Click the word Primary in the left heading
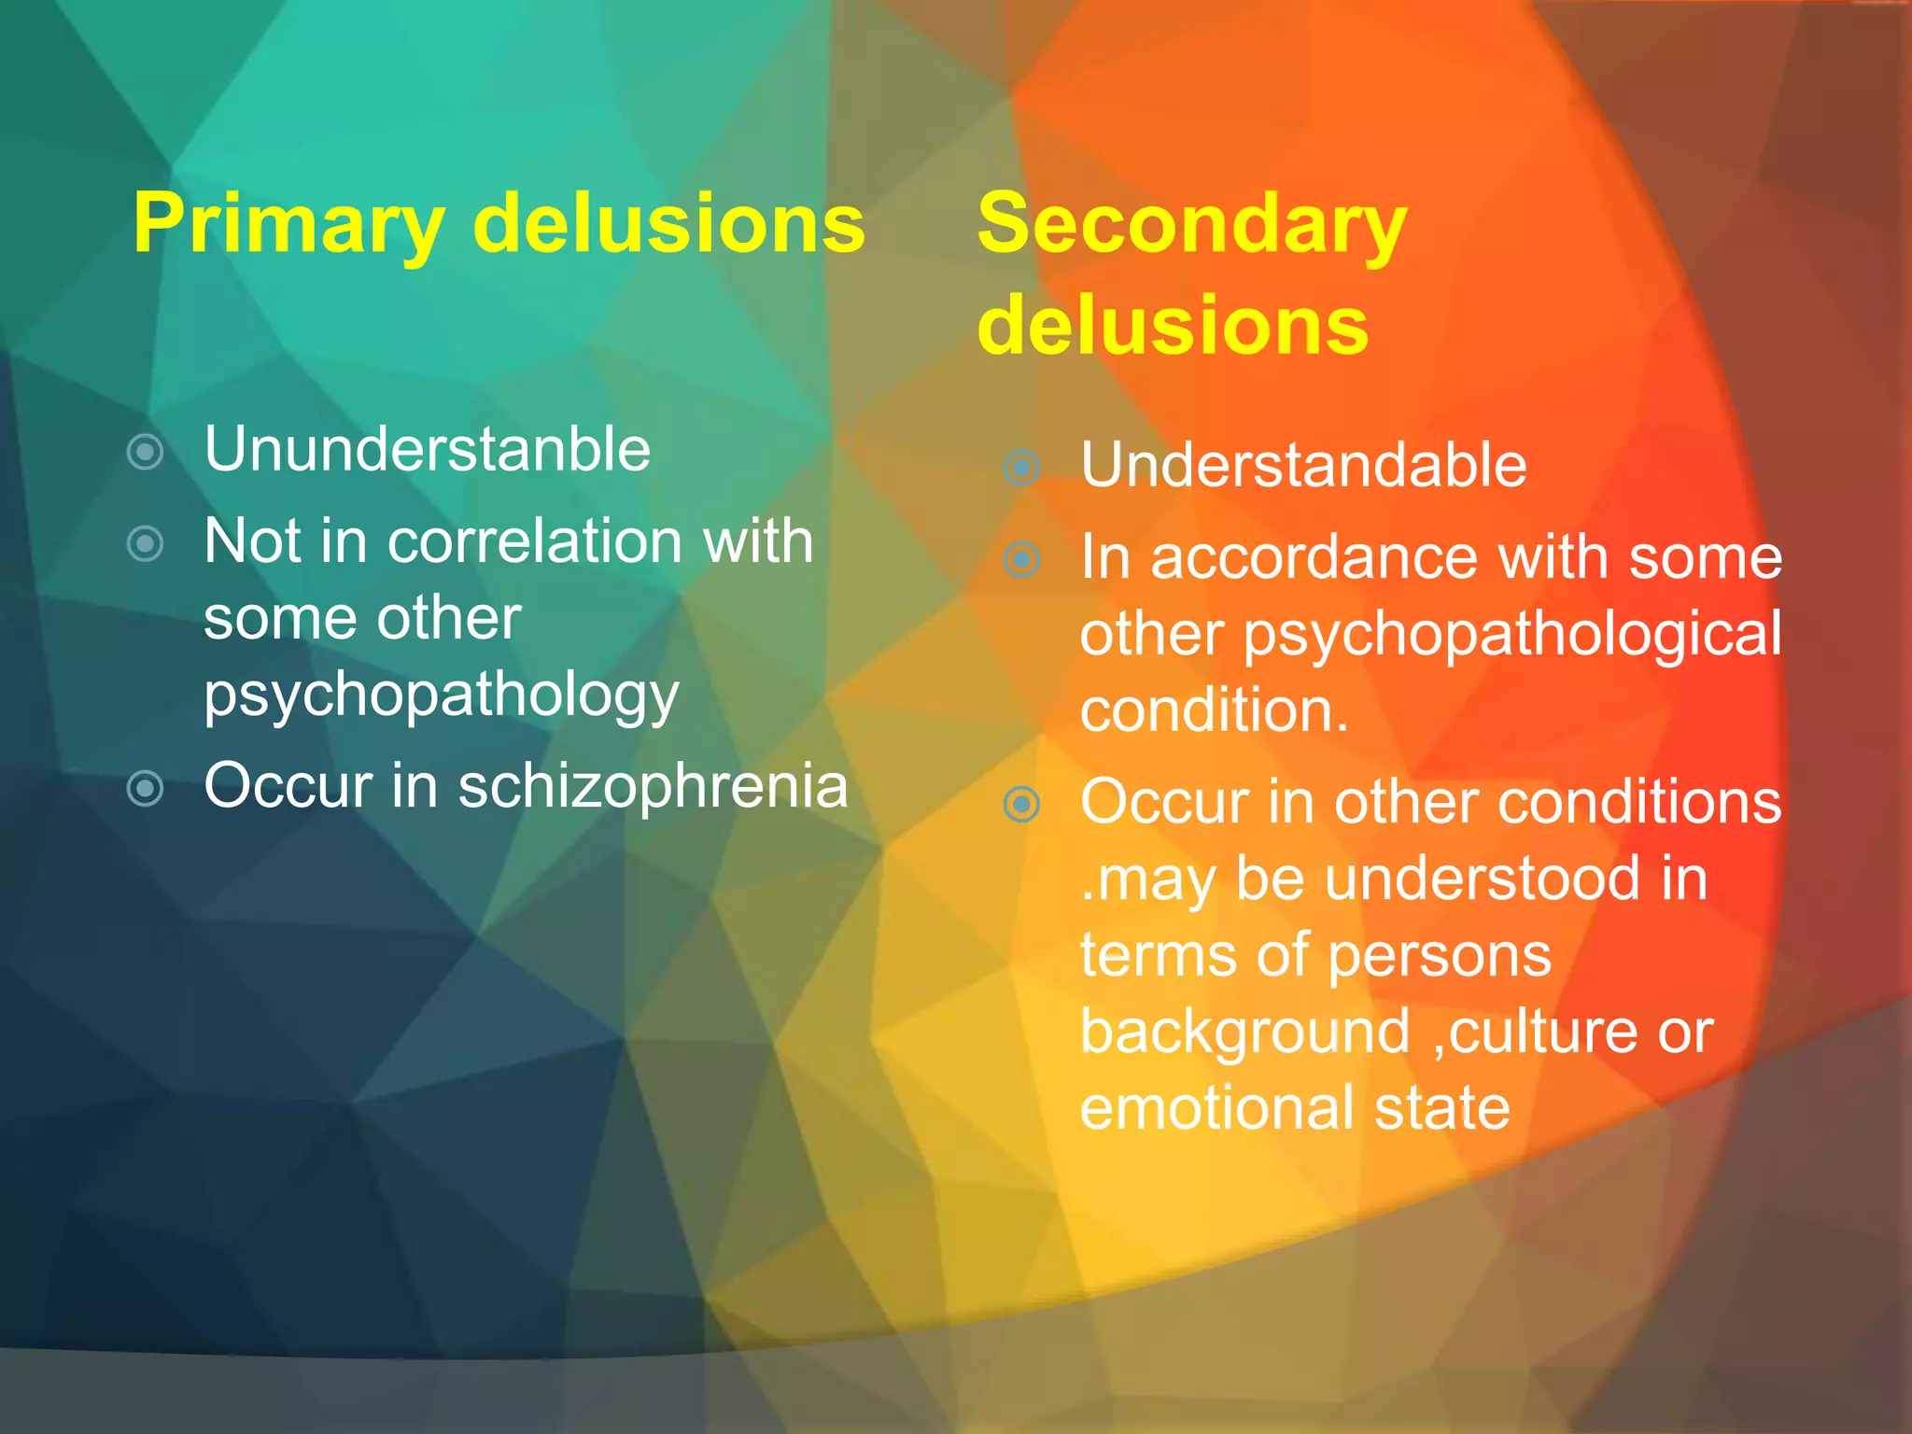288,224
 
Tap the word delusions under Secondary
1173,324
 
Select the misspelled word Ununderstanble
427,449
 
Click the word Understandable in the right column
1303,465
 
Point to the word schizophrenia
653,785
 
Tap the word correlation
536,541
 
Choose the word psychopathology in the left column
442,696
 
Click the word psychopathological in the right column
1512,635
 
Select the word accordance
1314,557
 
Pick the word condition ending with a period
1214,710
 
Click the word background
1244,1032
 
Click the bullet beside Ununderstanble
146,452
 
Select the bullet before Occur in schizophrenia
146,788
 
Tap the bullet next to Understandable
1022,467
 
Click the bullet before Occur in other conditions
1022,804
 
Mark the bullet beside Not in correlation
146,543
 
